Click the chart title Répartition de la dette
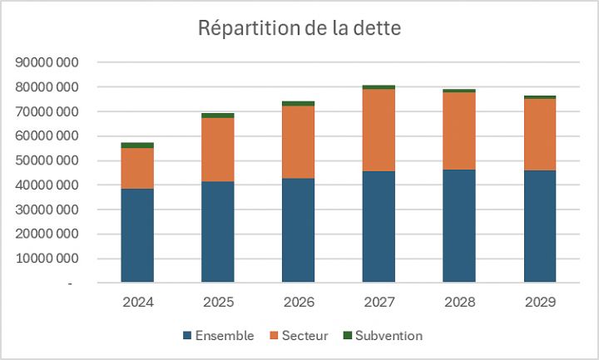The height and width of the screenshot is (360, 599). (299, 27)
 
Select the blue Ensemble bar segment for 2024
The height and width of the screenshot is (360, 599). (137, 235)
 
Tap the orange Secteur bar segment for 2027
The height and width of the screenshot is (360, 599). (379, 130)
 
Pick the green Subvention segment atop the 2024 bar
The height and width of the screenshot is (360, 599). (137, 145)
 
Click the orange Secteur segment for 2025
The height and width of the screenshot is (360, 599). (218, 150)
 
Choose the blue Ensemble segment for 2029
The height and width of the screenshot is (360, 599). (540, 226)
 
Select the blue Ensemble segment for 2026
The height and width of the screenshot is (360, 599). (298, 230)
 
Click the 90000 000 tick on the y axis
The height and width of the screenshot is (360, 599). (47, 62)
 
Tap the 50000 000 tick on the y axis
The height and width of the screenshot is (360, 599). (47, 160)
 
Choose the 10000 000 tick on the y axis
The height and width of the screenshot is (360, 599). (47, 259)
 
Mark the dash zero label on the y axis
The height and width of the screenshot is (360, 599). (70, 284)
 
